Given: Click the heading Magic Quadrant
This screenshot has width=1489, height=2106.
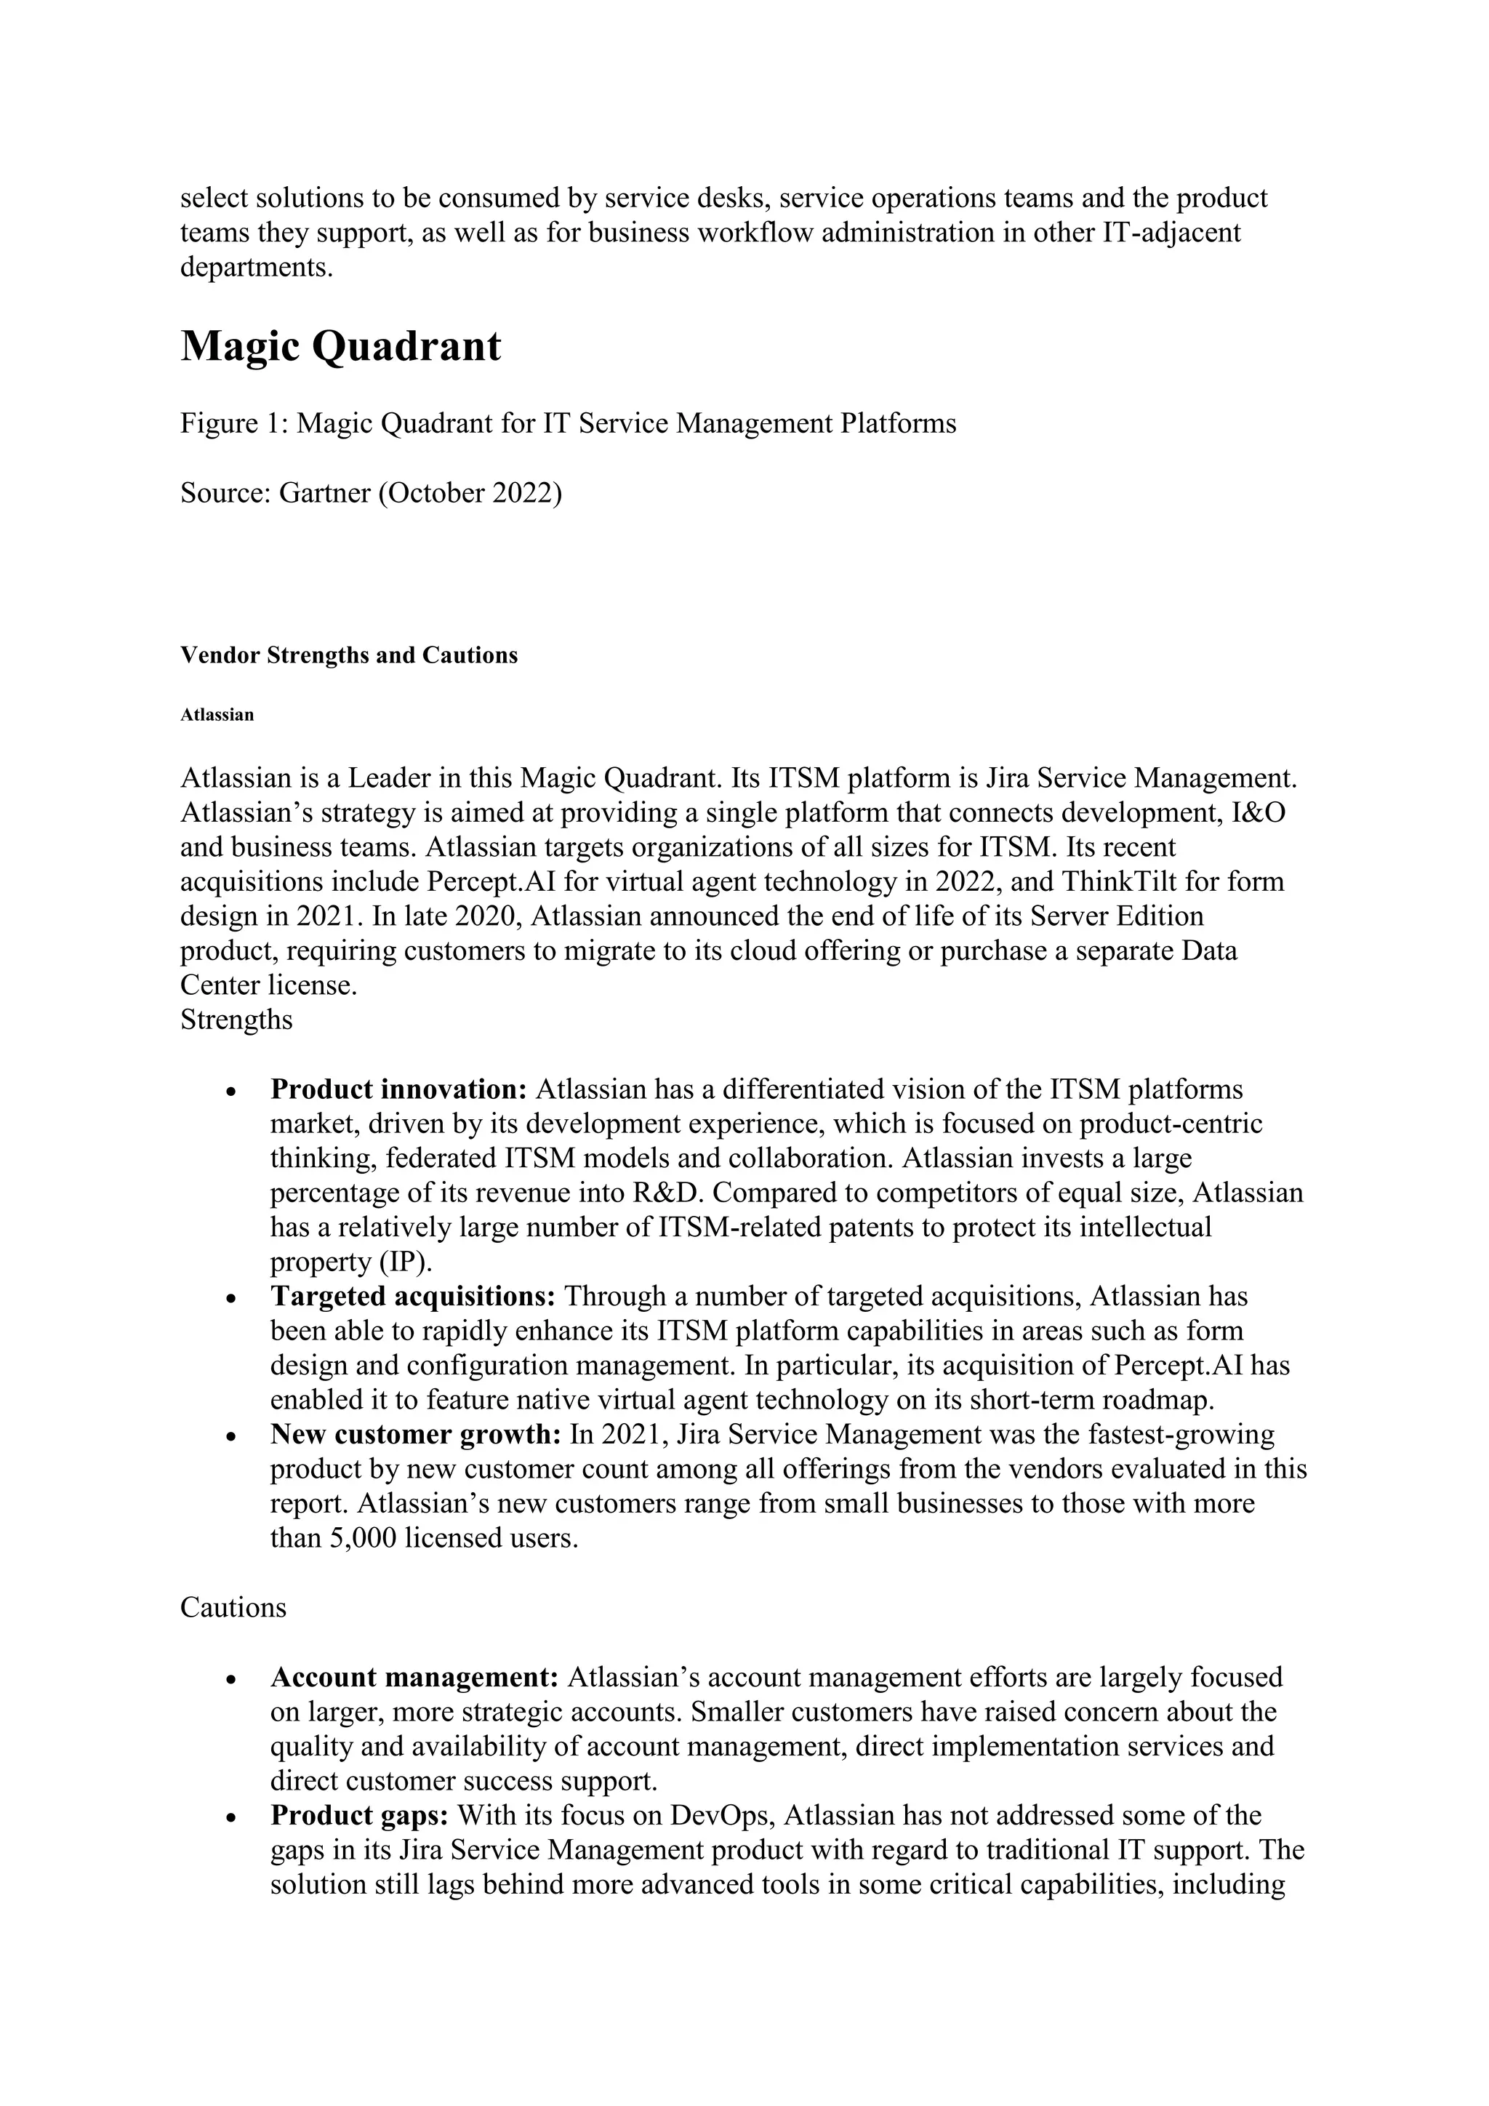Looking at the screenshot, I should tap(340, 347).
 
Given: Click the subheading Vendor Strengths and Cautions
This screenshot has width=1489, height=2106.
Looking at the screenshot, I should tap(348, 655).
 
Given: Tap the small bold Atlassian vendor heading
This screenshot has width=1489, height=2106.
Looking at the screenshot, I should tap(217, 715).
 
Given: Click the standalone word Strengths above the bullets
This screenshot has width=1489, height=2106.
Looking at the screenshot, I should tap(236, 1020).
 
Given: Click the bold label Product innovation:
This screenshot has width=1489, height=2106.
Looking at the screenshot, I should tap(398, 1089).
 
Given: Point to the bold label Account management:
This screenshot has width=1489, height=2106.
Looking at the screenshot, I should tap(414, 1677).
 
